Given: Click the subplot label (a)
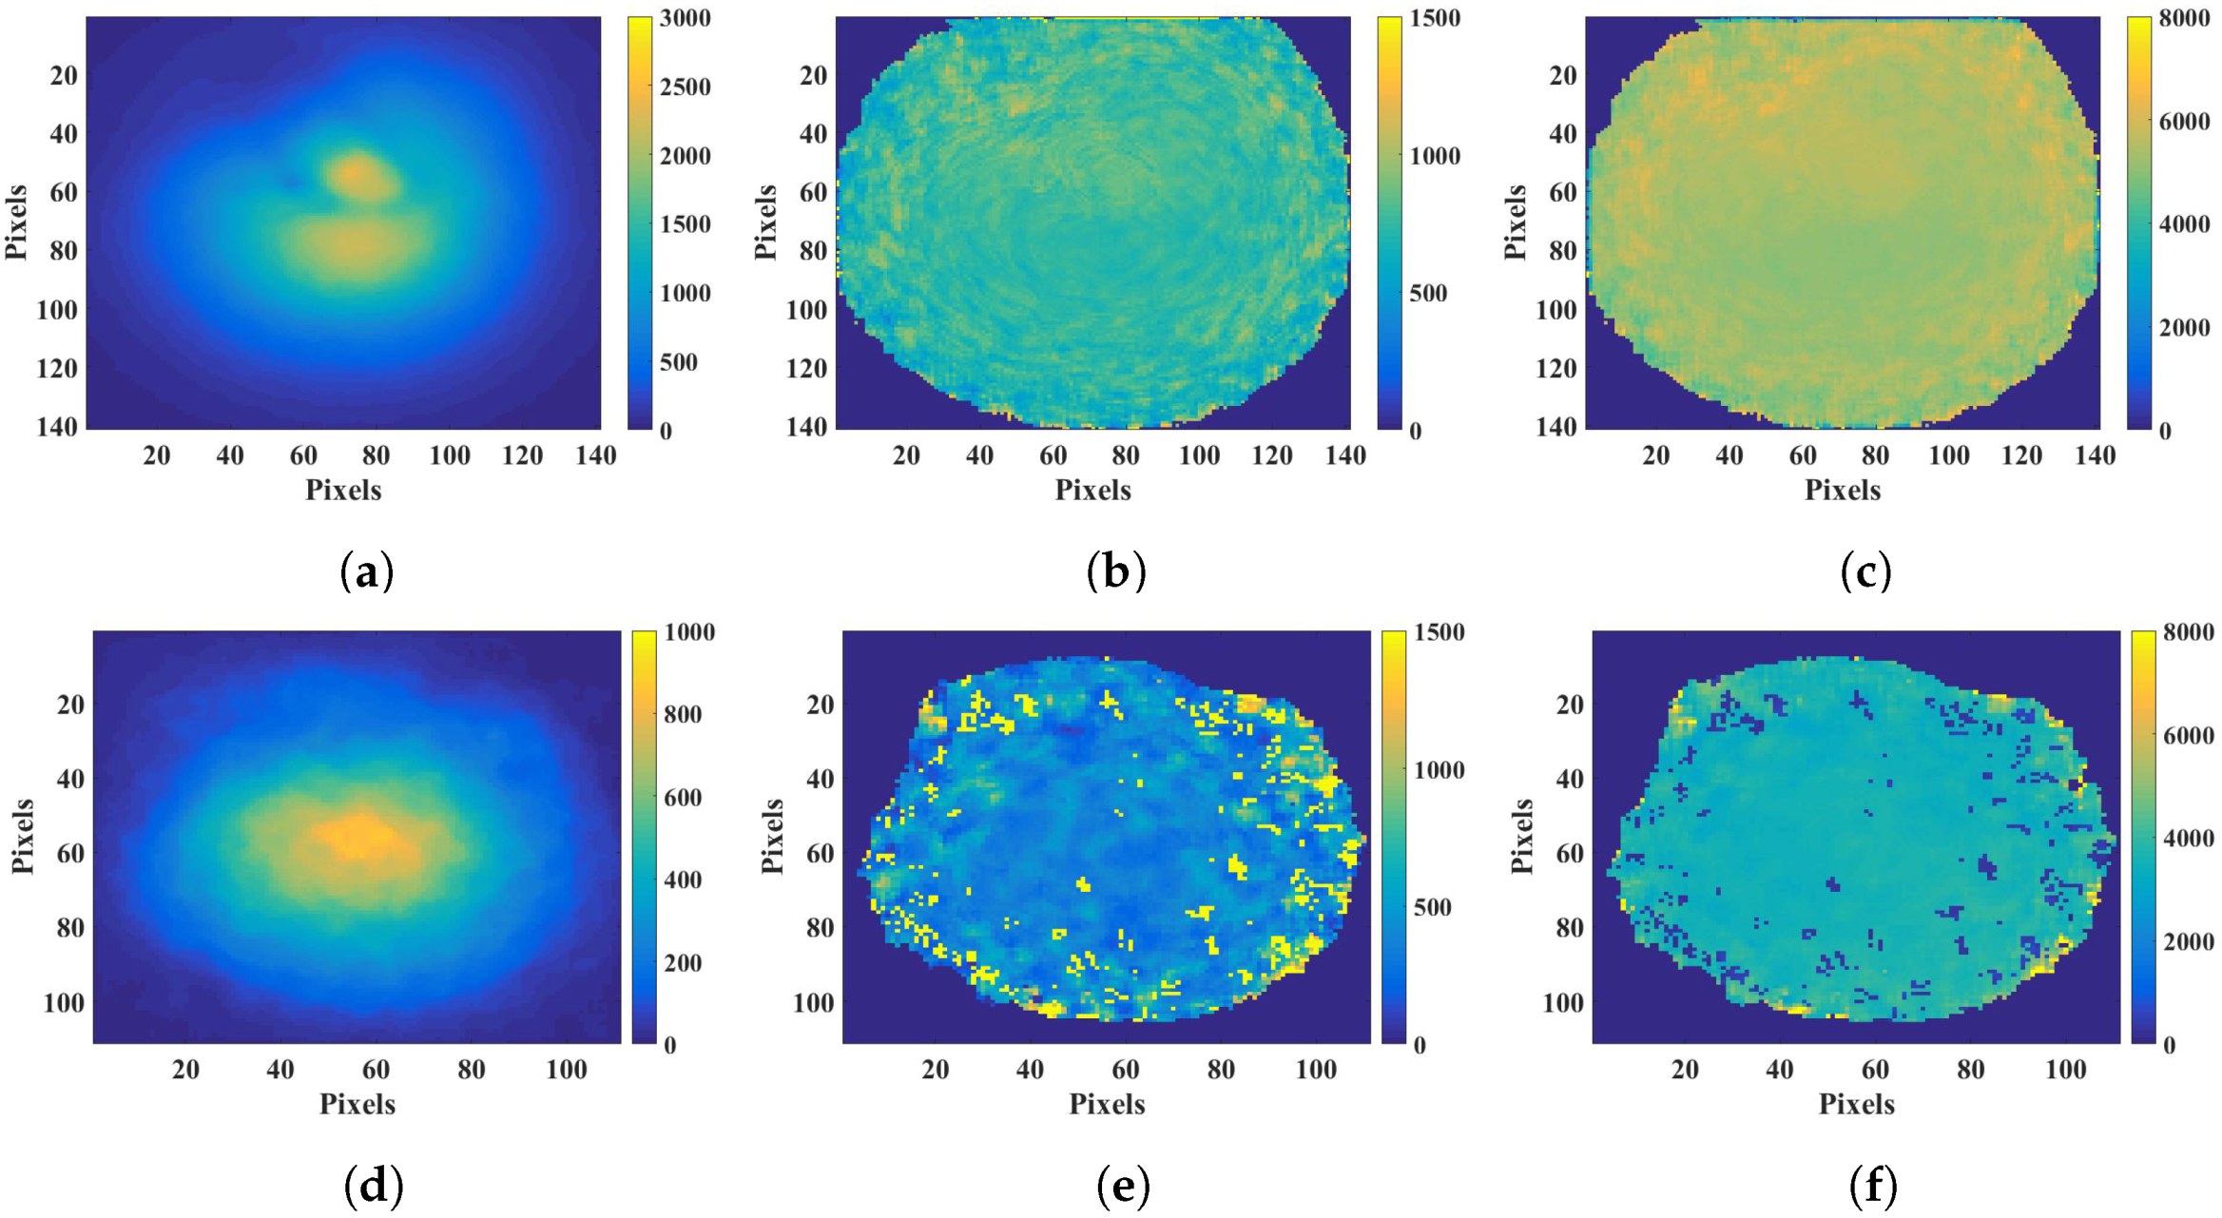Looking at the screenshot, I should point(366,572).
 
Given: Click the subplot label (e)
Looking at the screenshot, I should point(1123,1186).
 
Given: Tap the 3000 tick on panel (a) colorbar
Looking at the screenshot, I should point(686,18).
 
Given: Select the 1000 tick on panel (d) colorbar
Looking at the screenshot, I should point(689,632).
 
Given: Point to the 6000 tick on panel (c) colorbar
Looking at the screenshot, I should point(2184,122).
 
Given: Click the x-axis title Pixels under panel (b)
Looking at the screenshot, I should point(1092,491).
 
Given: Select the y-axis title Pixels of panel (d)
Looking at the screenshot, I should point(23,837).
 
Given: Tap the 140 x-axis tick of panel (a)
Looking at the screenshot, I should point(596,456).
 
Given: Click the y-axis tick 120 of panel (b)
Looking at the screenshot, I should point(806,368).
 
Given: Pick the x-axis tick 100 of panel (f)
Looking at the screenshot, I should point(2065,1071).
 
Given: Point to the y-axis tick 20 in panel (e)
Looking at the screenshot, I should point(820,705).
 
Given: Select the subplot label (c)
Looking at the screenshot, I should point(1865,572).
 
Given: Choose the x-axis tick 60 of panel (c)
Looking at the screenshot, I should point(1802,456).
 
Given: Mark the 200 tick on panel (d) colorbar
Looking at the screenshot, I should point(682,962).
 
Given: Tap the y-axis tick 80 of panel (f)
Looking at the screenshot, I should point(1570,927).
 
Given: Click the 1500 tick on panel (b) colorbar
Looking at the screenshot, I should point(1435,18).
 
